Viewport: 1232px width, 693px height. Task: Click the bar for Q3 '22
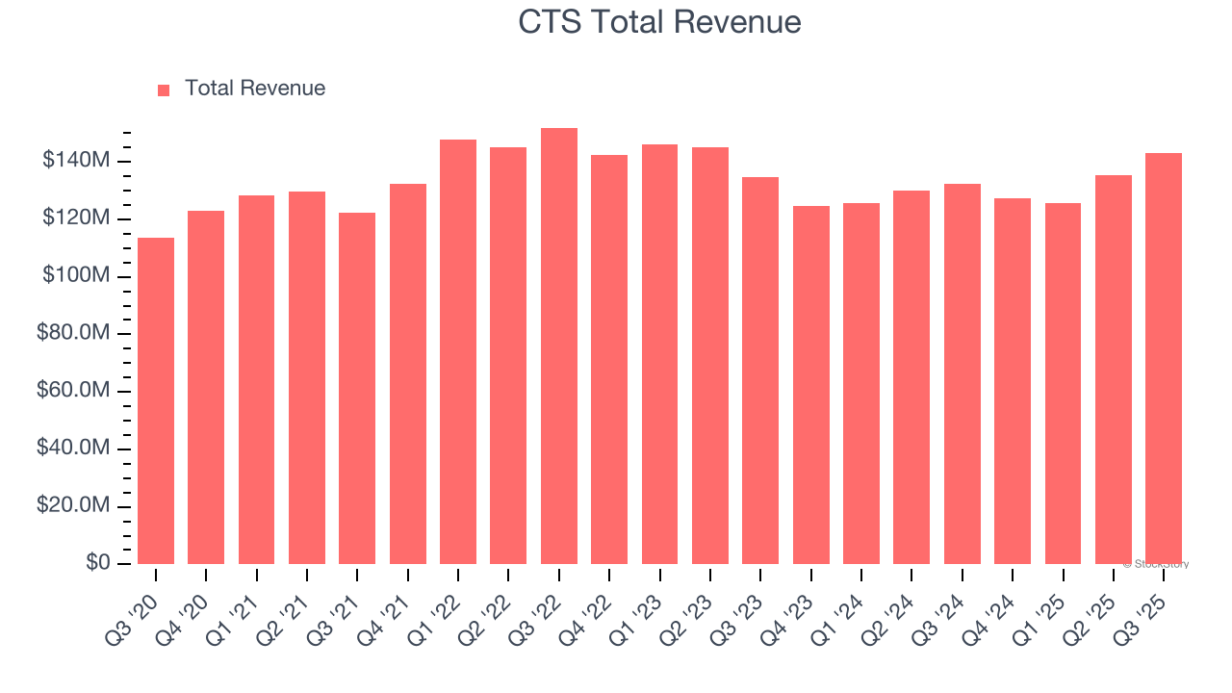point(559,346)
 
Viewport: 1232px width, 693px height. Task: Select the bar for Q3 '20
point(156,400)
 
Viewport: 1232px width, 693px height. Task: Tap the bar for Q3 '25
point(1164,358)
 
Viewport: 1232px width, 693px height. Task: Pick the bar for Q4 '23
point(811,385)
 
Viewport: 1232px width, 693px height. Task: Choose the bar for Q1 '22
point(458,352)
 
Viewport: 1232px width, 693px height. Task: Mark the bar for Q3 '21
point(357,389)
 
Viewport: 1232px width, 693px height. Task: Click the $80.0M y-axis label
point(72,334)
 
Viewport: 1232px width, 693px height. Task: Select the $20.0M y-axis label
point(72,506)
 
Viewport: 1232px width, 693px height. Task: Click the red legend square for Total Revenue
point(164,90)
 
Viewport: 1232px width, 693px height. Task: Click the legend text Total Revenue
point(255,89)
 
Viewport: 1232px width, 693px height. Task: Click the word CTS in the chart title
point(550,21)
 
